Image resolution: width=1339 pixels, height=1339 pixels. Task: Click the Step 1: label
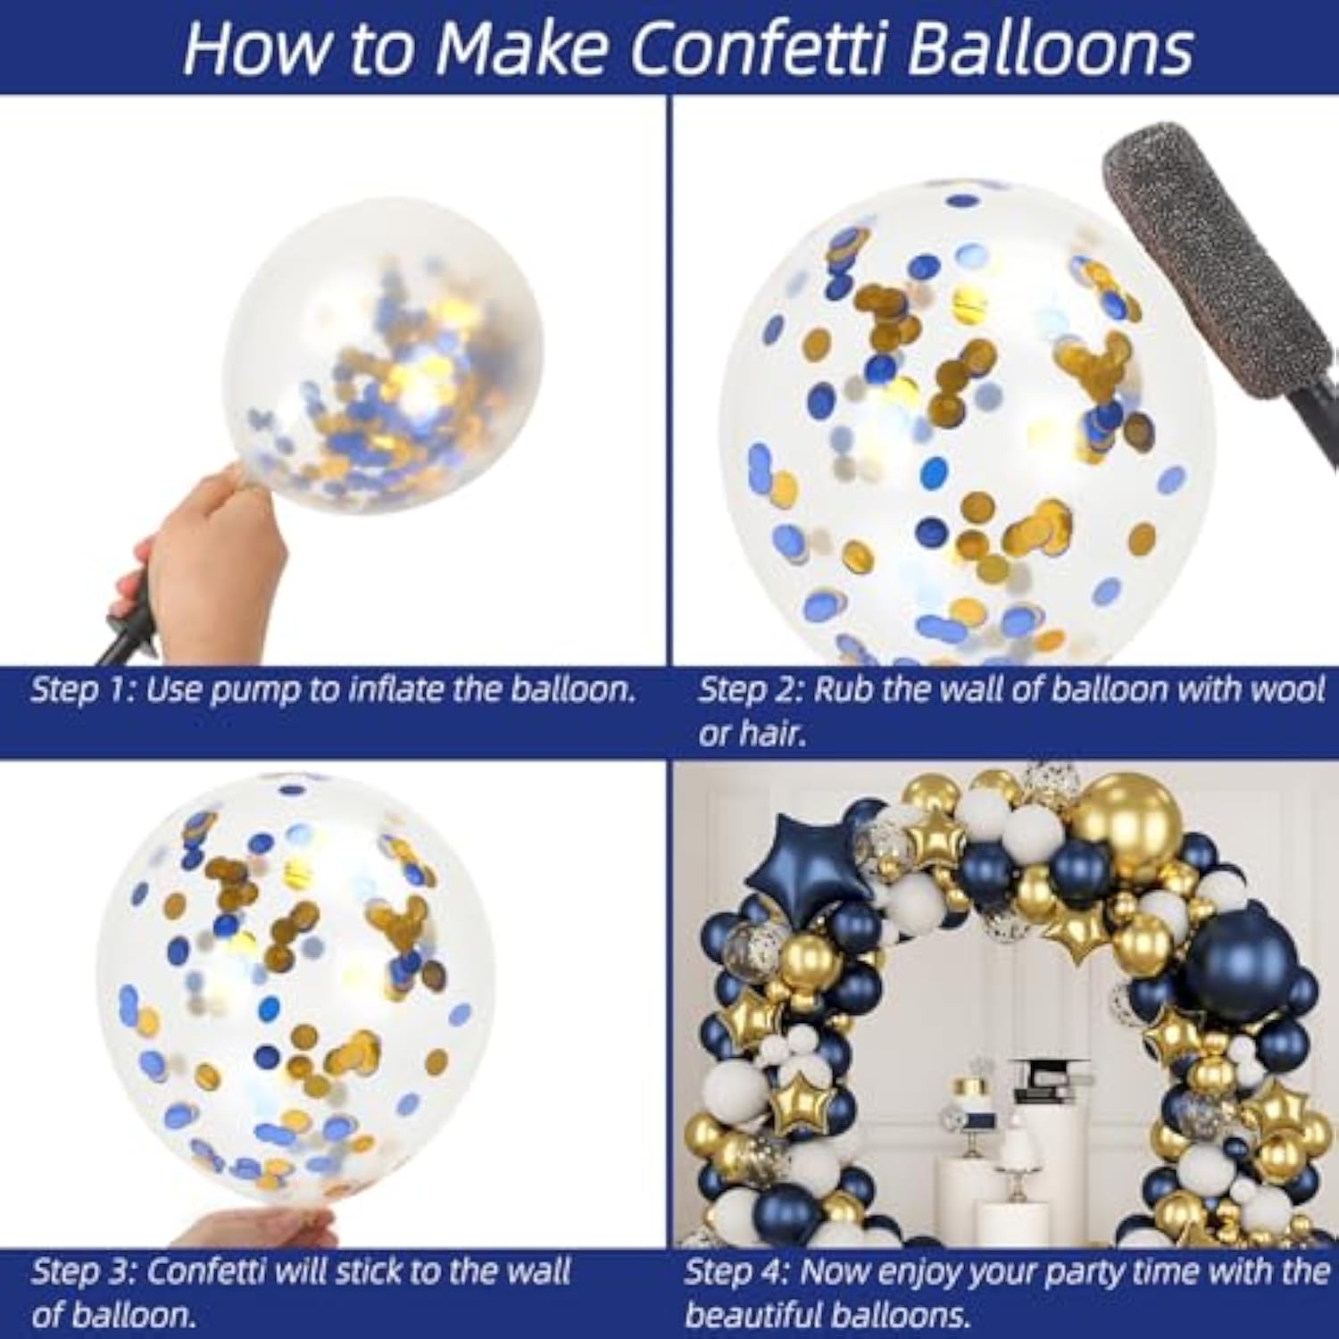[x=81, y=690]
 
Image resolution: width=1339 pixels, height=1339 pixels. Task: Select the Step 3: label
[x=82, y=1272]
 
